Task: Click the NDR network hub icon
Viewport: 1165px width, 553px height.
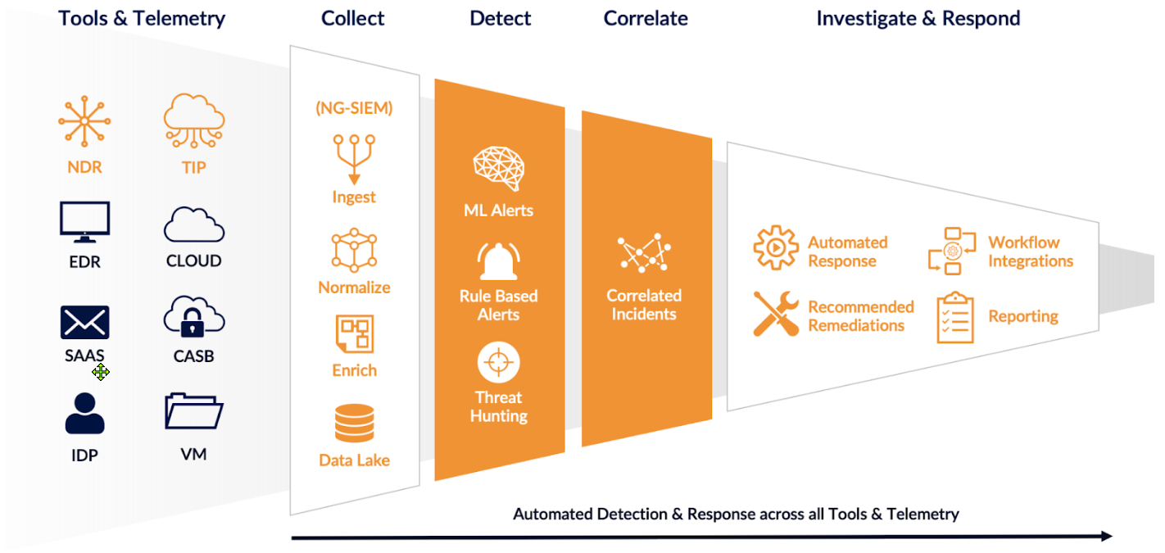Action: (x=84, y=121)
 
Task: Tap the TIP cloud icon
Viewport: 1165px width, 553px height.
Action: (x=193, y=120)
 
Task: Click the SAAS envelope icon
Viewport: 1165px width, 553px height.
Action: (x=84, y=322)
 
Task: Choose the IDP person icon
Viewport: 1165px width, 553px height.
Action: (x=84, y=414)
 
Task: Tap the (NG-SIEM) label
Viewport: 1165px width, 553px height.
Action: (x=354, y=107)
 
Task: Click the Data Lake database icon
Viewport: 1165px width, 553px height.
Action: (x=354, y=424)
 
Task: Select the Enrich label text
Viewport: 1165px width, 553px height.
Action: (x=354, y=370)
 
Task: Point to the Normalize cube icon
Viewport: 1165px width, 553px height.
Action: (x=354, y=251)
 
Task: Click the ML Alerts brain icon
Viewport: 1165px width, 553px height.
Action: (x=498, y=169)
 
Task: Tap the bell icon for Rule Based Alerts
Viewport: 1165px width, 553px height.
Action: (x=498, y=261)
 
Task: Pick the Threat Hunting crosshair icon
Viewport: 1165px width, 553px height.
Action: (x=498, y=364)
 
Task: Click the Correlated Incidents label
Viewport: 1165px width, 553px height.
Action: (x=644, y=305)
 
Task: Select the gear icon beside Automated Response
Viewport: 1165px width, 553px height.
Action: (x=775, y=247)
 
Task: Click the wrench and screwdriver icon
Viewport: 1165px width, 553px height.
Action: (x=775, y=314)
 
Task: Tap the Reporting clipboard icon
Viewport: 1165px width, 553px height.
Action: (x=955, y=317)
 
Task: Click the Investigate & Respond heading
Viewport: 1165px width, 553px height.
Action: (x=918, y=18)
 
